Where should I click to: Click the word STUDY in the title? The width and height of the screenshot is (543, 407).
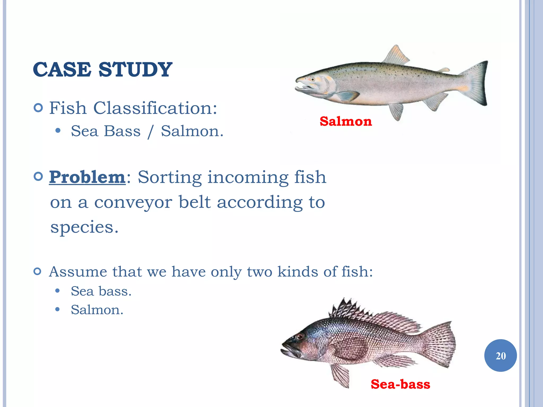point(135,70)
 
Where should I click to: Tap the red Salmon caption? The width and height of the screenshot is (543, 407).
point(346,121)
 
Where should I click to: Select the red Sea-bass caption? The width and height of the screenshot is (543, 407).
point(400,384)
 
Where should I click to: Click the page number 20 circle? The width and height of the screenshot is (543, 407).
point(500,356)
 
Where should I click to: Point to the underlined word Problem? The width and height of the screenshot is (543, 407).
point(87,177)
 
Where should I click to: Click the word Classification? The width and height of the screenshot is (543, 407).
point(155,108)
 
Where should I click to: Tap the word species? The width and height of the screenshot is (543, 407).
point(84,227)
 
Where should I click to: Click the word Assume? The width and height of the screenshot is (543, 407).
point(78,272)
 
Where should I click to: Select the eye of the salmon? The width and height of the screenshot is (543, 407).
point(313,79)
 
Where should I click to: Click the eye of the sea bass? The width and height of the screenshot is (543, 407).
point(300,337)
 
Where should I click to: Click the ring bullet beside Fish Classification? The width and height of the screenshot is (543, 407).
point(38,108)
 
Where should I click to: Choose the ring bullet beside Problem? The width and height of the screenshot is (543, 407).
point(38,176)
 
